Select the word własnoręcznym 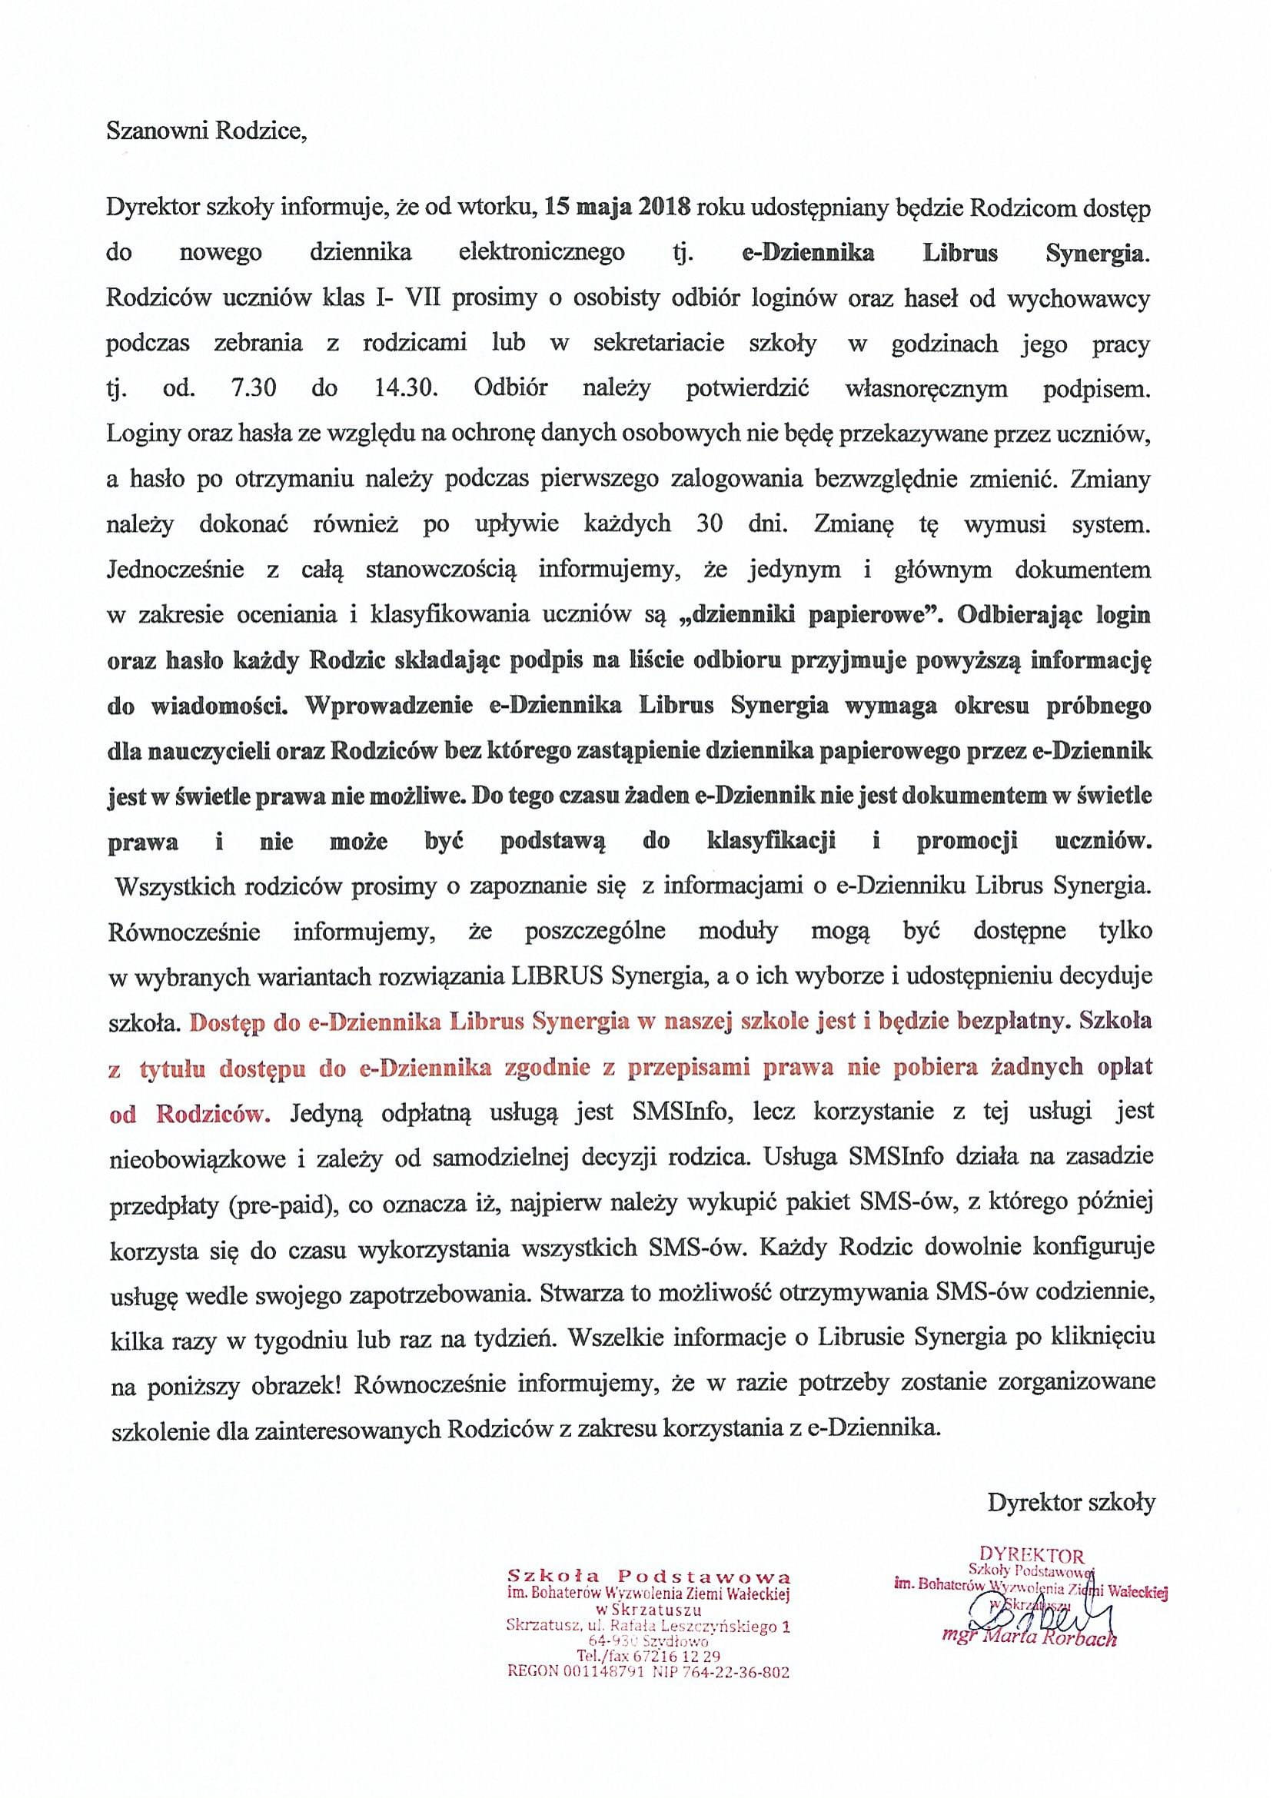click(926, 390)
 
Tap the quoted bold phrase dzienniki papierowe click(806, 615)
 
